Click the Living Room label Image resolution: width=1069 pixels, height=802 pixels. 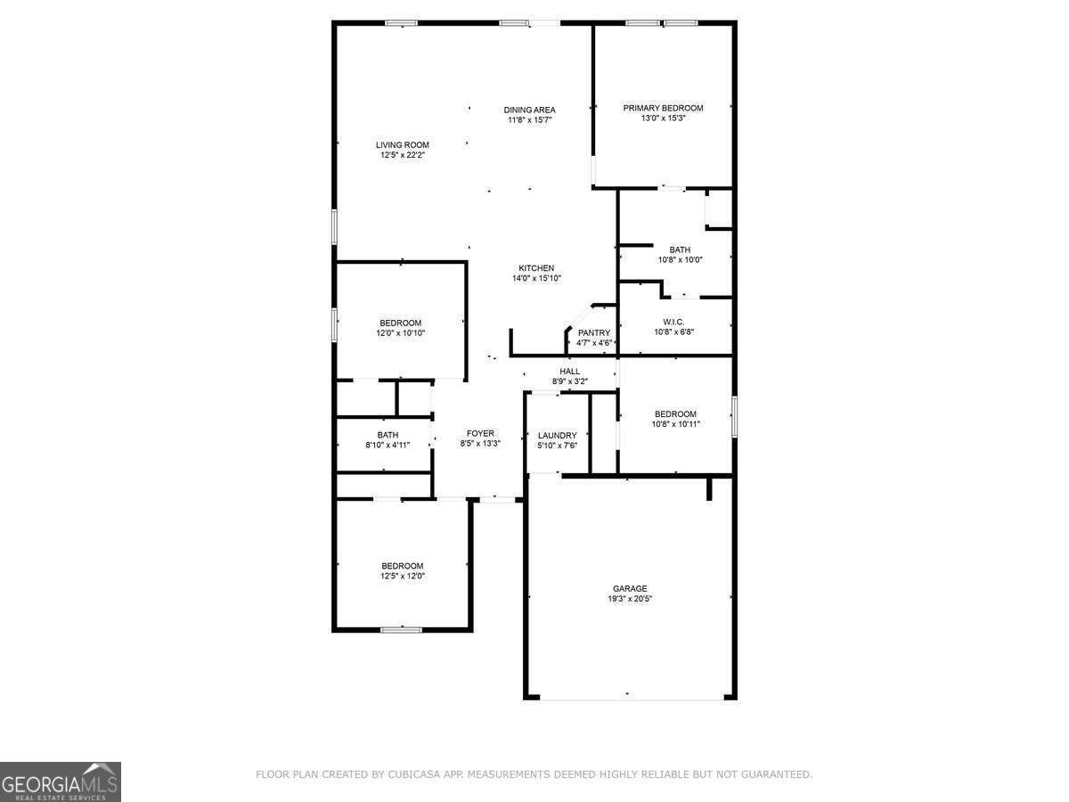pos(403,145)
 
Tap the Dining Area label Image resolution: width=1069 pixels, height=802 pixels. pos(529,110)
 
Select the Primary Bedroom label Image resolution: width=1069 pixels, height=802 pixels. pos(663,108)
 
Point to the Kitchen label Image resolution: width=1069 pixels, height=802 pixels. pos(536,268)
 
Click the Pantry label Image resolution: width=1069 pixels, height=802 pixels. pos(593,333)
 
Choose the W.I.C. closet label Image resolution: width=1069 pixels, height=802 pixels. pos(673,323)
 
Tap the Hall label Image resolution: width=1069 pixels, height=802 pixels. pos(569,372)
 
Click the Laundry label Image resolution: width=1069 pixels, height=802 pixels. pos(557,436)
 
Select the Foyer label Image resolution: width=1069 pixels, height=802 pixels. pos(480,433)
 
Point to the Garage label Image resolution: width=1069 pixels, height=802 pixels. pos(630,589)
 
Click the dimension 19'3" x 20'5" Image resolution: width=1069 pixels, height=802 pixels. pos(630,599)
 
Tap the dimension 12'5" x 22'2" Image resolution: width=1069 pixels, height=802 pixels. pos(403,155)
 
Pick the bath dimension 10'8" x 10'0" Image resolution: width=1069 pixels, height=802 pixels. pos(680,260)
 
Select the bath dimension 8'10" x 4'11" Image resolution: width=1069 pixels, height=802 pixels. pos(388,445)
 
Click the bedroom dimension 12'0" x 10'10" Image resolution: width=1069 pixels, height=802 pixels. pos(400,333)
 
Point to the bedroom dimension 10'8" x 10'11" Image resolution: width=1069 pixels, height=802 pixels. pos(675,424)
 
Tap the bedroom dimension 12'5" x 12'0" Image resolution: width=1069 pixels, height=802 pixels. pos(403,576)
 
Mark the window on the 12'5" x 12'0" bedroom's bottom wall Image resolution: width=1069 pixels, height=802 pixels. pos(401,630)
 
